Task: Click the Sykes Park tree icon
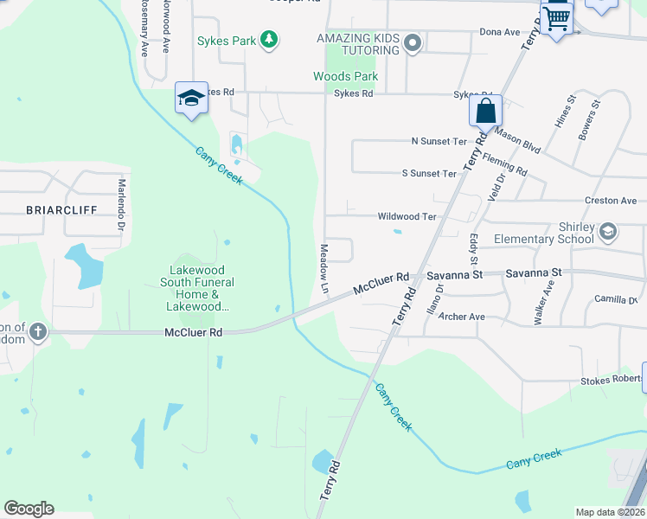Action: [270, 39]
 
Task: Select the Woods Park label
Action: [344, 76]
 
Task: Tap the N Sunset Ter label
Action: [439, 140]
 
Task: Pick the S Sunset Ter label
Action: [429, 173]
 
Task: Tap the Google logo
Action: [29, 509]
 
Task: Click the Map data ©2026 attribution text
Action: [610, 512]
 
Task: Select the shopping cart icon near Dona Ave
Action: [558, 16]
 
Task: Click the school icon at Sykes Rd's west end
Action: [190, 98]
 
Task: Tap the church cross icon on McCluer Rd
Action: [38, 331]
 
